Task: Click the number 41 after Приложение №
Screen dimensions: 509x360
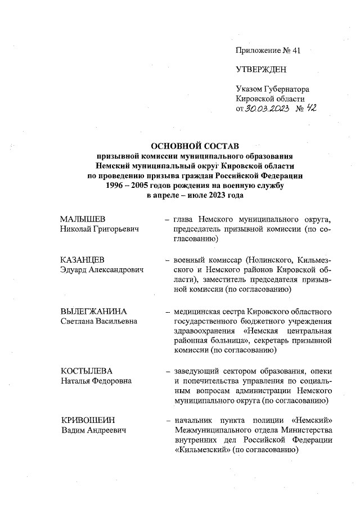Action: (x=295, y=51)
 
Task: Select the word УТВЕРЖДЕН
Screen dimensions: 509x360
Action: (x=260, y=70)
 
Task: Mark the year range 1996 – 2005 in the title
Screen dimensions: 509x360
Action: (x=128, y=184)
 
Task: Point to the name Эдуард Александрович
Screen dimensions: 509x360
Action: (x=102, y=270)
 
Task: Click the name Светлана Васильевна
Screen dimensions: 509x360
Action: (x=98, y=321)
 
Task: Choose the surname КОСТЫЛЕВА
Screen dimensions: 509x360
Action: (x=87, y=372)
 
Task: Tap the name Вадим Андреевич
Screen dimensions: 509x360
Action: (x=93, y=430)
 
